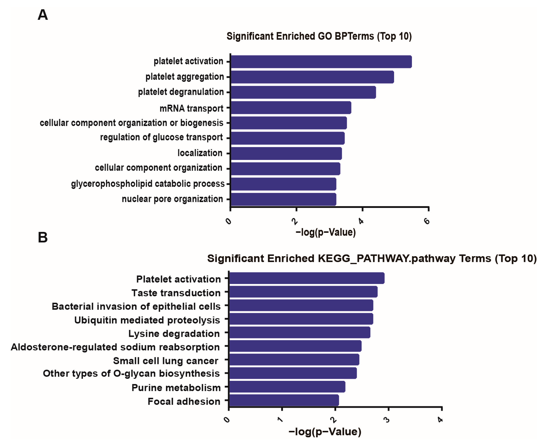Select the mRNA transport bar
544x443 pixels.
pos(291,108)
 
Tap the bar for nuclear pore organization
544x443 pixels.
pos(283,199)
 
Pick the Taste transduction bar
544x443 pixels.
pos(303,292)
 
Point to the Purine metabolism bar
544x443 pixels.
pos(287,387)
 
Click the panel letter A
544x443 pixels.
pos(43,15)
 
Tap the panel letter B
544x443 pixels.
pos(43,238)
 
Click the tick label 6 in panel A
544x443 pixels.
pos(427,221)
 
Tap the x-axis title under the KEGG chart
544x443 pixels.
pos(325,432)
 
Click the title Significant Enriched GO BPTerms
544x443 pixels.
pos(319,36)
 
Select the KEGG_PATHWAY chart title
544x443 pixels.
pos(372,258)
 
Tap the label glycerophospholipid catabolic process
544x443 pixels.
pos(148,184)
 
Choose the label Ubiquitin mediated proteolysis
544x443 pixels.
pos(147,320)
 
